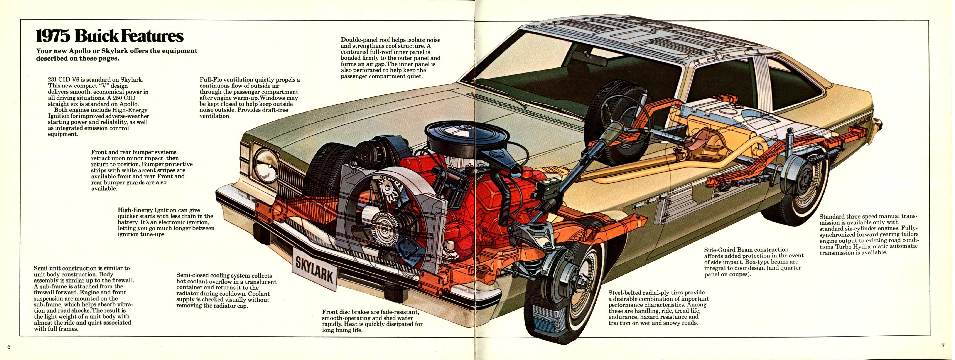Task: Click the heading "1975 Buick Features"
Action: point(110,37)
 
